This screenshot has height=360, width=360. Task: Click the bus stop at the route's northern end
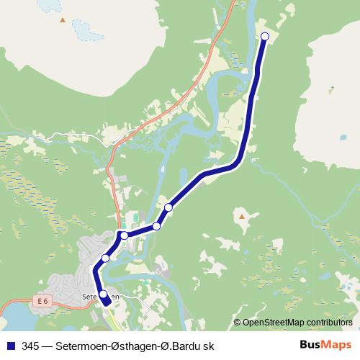point(264,36)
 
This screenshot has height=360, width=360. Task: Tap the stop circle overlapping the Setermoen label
point(103,294)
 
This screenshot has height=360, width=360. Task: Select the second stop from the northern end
point(168,207)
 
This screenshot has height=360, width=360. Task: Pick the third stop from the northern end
point(156,226)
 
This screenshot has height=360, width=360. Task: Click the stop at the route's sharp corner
point(124,235)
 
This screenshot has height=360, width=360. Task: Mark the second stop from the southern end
point(105,258)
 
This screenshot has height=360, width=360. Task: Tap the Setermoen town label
point(99,296)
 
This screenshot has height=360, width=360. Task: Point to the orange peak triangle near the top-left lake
point(63,20)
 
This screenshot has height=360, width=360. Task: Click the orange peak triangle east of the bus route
point(243,214)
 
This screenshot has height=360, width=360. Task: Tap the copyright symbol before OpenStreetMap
point(237,322)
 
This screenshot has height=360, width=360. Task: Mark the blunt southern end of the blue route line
point(109,305)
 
